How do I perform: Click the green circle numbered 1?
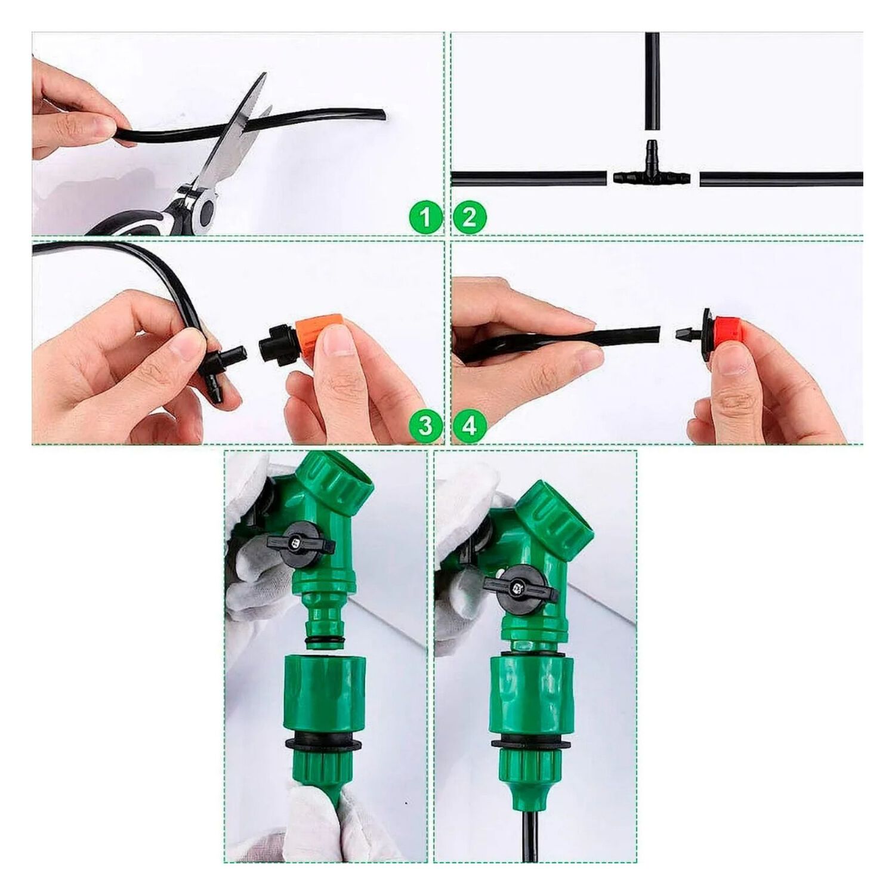click(425, 217)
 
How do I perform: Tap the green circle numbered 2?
click(470, 217)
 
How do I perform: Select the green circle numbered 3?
click(425, 426)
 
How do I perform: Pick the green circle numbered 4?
click(470, 426)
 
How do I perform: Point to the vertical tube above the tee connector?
click(652, 82)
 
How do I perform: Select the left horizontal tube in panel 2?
click(529, 178)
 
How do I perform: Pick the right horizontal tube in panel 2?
click(781, 178)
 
